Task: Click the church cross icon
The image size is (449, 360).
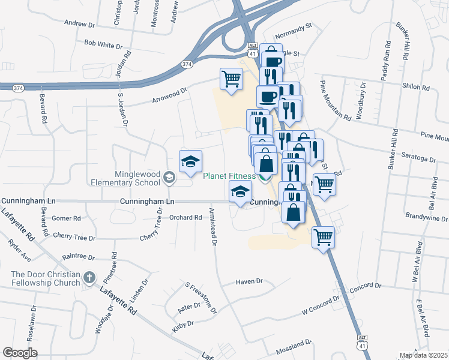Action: pos(89,277)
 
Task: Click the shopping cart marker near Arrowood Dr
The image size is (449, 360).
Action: pos(231,79)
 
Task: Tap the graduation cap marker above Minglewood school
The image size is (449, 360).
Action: pos(190,161)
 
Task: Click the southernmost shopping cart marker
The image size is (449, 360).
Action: pos(323,238)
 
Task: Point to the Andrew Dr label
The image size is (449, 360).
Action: pos(80,24)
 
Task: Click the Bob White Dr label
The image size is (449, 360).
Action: pos(103,44)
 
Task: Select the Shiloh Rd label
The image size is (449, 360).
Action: pos(418,88)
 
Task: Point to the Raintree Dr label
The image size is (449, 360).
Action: pos(79,256)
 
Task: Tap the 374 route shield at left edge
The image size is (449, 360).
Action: pos(17,88)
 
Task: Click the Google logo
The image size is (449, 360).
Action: pos(20,352)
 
